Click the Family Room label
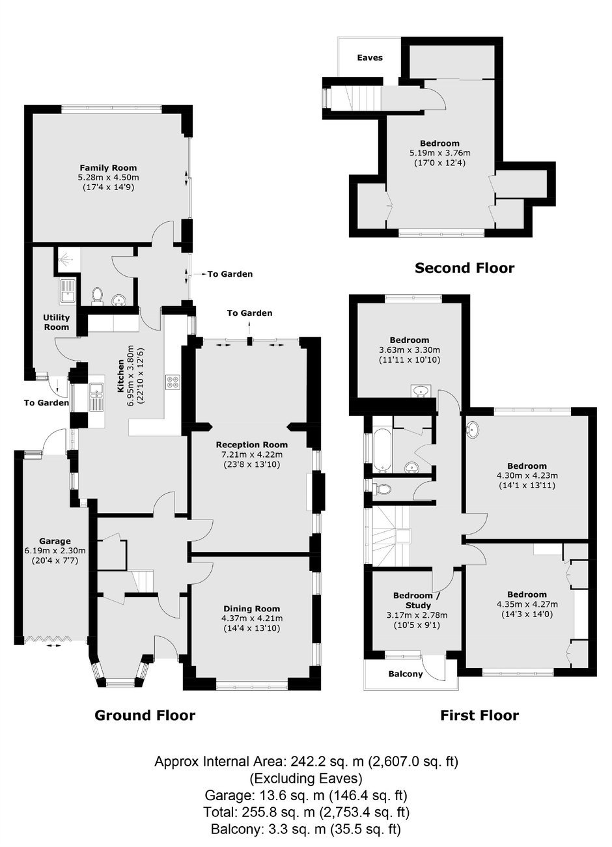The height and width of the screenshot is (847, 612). pyautogui.click(x=108, y=167)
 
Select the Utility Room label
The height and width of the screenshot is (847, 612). pyautogui.click(x=57, y=322)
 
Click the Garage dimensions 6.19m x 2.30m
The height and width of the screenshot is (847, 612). pyautogui.click(x=55, y=551)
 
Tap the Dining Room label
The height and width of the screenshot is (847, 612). pyautogui.click(x=251, y=609)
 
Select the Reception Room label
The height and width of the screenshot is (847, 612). pyautogui.click(x=251, y=445)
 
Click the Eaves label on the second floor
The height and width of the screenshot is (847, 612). pyautogui.click(x=370, y=58)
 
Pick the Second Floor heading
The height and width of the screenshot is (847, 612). pyautogui.click(x=464, y=268)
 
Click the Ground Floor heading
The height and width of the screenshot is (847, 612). pyautogui.click(x=145, y=715)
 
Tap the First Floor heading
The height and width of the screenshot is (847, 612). pyautogui.click(x=480, y=715)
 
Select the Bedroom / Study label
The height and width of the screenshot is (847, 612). pyautogui.click(x=417, y=600)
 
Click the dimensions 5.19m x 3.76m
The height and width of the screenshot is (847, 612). pyautogui.click(x=440, y=153)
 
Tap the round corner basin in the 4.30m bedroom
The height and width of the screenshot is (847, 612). pyautogui.click(x=473, y=430)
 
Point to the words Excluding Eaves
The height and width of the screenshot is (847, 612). pyautogui.click(x=306, y=778)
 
